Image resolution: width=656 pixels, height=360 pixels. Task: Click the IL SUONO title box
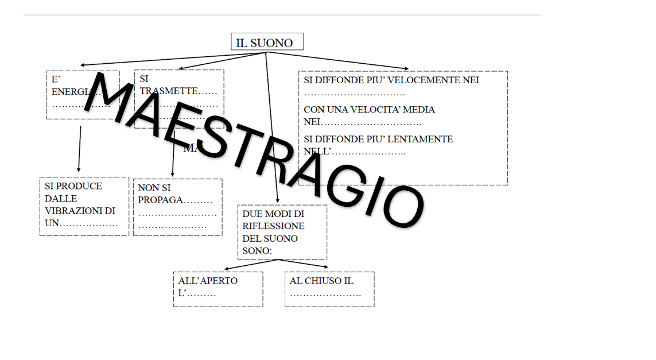click(x=267, y=42)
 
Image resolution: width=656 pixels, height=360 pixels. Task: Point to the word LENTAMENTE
click(x=425, y=139)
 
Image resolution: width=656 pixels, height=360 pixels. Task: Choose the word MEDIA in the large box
click(x=421, y=110)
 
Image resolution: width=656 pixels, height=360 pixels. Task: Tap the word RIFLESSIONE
click(x=273, y=226)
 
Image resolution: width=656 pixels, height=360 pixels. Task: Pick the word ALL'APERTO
click(x=208, y=281)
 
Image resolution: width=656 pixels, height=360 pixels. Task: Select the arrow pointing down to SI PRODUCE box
click(x=79, y=149)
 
